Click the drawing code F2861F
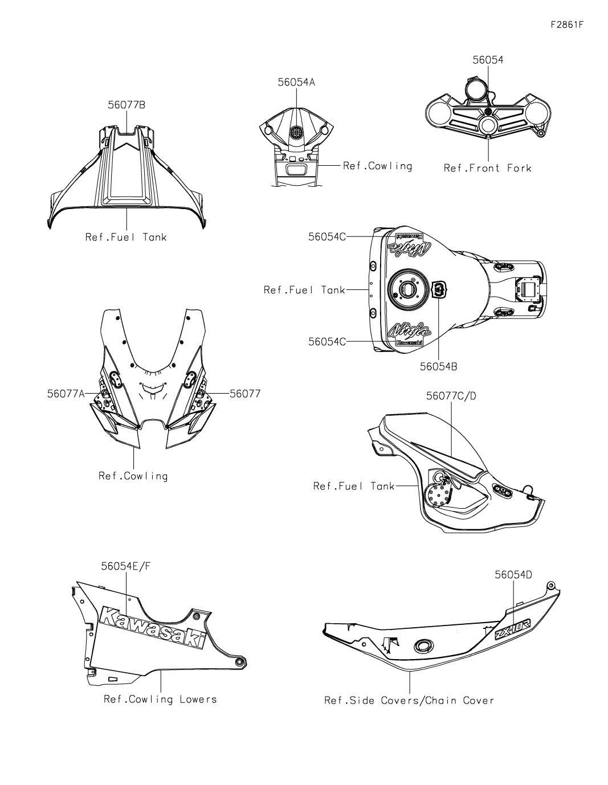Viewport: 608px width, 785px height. pyautogui.click(x=567, y=25)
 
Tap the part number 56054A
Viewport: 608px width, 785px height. pyautogui.click(x=296, y=83)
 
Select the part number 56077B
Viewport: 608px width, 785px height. pyautogui.click(x=127, y=105)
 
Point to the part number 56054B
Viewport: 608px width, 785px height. pyautogui.click(x=438, y=367)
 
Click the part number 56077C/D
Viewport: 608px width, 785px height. pyautogui.click(x=451, y=396)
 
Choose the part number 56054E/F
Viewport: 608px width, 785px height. pyautogui.click(x=126, y=566)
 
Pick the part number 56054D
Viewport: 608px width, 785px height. pyautogui.click(x=513, y=574)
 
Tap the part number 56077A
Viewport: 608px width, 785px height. pyautogui.click(x=66, y=394)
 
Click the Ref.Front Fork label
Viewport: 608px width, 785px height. pyautogui.click(x=488, y=168)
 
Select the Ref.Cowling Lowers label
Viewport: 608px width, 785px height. pyautogui.click(x=160, y=699)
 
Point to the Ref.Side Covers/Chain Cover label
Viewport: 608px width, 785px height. pyautogui.click(x=409, y=701)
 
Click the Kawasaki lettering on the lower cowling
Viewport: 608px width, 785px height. pyautogui.click(x=153, y=627)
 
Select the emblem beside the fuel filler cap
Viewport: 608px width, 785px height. pyautogui.click(x=440, y=289)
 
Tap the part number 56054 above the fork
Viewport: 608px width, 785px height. pyautogui.click(x=488, y=60)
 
